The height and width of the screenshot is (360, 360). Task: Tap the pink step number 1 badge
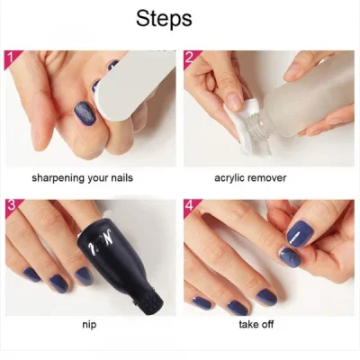point(11,58)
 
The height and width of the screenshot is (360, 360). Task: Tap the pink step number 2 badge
point(191,58)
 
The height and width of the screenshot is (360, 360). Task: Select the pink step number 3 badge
point(11,206)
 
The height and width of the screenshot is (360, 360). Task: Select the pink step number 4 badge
point(191,206)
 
